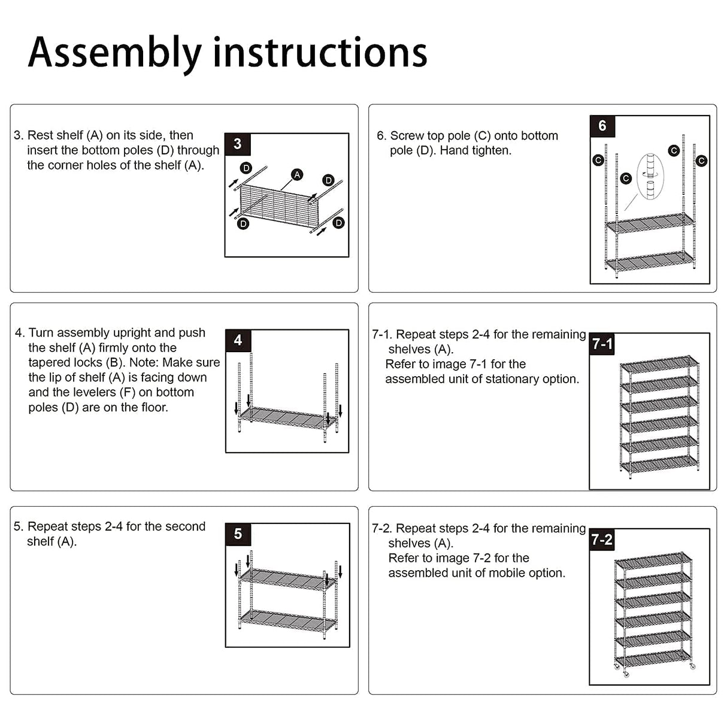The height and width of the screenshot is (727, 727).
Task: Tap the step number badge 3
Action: tap(238, 144)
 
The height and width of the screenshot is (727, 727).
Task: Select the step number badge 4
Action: tap(238, 340)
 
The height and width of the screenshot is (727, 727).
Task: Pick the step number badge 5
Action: tap(238, 534)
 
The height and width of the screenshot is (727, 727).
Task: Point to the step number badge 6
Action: tap(602, 126)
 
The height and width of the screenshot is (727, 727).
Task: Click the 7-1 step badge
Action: tap(602, 344)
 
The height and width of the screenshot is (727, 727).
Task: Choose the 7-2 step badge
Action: tap(602, 540)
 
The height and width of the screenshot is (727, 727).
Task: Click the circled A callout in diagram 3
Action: tap(296, 175)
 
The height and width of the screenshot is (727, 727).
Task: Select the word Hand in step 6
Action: tap(453, 150)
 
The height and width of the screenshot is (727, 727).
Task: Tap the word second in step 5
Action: tap(186, 526)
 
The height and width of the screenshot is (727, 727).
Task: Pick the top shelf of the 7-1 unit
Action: tap(659, 363)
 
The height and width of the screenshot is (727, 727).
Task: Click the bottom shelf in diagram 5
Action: tap(287, 620)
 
